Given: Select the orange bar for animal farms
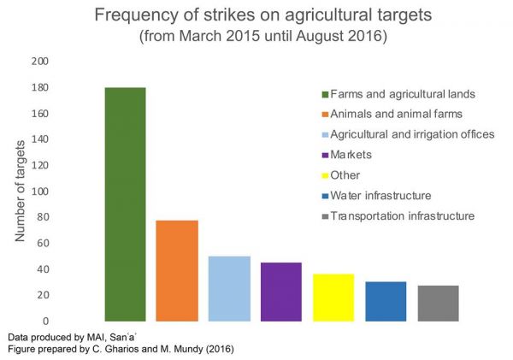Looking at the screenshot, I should click(177, 270).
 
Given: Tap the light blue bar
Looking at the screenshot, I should click(229, 288).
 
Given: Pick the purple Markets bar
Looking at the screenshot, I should click(281, 291).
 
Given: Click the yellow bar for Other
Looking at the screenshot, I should click(333, 297).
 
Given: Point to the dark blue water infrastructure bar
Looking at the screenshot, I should click(386, 301).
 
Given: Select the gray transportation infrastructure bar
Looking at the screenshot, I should click(438, 303).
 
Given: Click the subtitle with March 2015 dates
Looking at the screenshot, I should click(256, 38).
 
